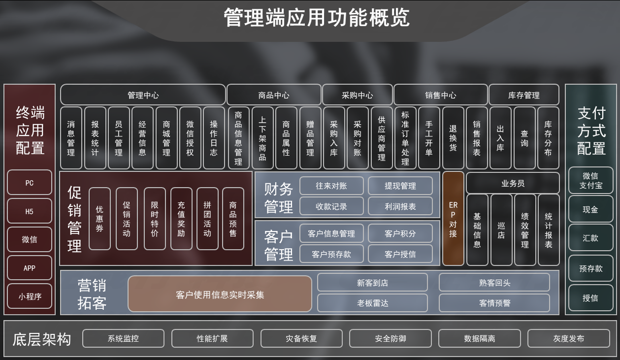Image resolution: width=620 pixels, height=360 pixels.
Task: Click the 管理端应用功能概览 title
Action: tap(316, 18)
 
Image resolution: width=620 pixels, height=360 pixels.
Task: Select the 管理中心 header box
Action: tap(143, 95)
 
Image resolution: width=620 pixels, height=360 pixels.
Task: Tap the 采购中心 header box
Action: tap(357, 95)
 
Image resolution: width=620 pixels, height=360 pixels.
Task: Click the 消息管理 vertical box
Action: tap(71, 138)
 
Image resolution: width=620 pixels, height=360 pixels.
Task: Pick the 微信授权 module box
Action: tap(190, 138)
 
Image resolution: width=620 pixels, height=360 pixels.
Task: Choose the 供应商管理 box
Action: tap(382, 138)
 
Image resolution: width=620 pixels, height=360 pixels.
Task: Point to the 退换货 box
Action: tap(453, 138)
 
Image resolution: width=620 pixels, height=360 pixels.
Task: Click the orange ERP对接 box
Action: tap(453, 219)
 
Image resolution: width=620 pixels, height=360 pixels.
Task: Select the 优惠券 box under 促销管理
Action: tap(99, 219)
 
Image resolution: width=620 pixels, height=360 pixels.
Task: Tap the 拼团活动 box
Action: tap(207, 219)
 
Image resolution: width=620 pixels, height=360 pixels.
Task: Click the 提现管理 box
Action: tap(400, 186)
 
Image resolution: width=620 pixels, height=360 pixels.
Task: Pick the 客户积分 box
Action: tap(400, 233)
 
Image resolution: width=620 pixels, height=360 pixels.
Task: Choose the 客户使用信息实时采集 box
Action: tap(220, 295)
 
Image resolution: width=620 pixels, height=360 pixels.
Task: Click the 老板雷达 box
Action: tap(372, 303)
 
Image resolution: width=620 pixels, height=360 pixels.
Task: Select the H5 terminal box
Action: tap(30, 211)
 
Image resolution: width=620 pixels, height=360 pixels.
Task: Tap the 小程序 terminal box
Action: tap(30, 296)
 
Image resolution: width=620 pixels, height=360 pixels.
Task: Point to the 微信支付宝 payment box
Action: tap(590, 180)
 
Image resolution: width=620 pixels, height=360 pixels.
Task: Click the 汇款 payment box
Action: tap(590, 238)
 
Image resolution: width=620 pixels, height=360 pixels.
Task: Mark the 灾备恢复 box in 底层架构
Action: tap(301, 338)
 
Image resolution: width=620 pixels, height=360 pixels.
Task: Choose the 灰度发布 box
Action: tap(568, 338)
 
